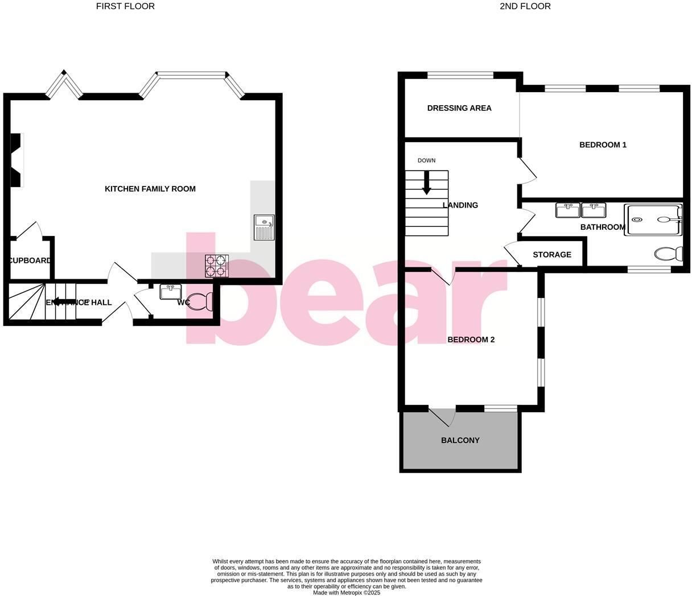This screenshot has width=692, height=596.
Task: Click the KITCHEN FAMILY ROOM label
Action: coord(150,189)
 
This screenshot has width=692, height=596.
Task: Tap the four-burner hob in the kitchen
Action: coord(217,266)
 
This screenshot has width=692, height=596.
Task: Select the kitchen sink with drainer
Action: coord(264,227)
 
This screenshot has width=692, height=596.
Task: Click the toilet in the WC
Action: coord(199,301)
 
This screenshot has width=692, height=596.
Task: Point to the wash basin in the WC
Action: coord(171,292)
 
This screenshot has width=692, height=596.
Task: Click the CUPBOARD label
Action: coord(30,260)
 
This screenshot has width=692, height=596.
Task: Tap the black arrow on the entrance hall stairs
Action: coord(64,302)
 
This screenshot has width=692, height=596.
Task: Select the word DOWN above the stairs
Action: coord(426,160)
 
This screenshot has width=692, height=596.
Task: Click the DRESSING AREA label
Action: coord(459,108)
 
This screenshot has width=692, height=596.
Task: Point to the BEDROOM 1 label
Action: coord(603,145)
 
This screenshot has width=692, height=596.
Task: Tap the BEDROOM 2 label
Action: coord(471,340)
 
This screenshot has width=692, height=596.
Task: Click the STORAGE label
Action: coord(552,255)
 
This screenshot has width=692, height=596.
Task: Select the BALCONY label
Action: coord(460,440)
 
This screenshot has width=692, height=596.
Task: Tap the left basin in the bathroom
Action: coord(567,210)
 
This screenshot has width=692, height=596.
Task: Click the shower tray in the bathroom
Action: coord(653,220)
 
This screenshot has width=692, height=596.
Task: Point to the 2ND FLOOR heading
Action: coord(525,6)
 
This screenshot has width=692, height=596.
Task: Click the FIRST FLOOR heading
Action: coord(125,6)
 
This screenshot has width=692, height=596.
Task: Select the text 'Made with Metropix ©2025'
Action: coord(347,593)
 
